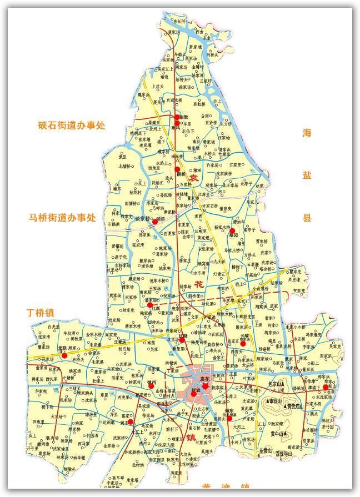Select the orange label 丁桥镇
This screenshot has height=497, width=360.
tap(40, 313)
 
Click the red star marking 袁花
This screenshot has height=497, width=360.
tap(205, 385)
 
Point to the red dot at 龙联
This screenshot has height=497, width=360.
tap(64, 355)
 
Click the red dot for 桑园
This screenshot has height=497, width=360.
tap(232, 230)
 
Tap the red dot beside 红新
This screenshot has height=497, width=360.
tap(149, 305)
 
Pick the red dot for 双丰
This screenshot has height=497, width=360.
tap(131, 422)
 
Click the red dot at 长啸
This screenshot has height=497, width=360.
tap(243, 344)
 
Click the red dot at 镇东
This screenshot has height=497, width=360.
tap(229, 418)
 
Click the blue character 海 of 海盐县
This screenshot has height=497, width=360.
tap(307, 133)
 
